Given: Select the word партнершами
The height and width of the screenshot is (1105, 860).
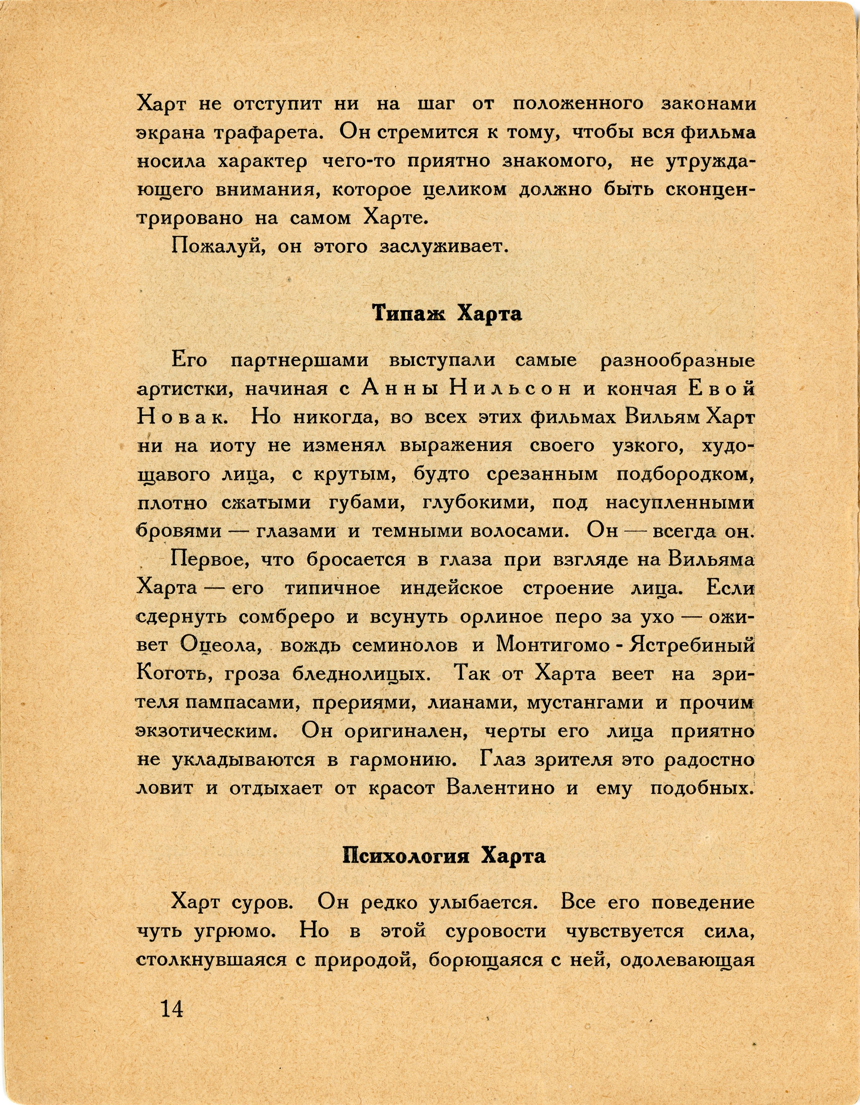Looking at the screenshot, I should pos(300,361).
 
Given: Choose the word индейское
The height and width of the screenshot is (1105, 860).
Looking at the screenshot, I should pos(452,588).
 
